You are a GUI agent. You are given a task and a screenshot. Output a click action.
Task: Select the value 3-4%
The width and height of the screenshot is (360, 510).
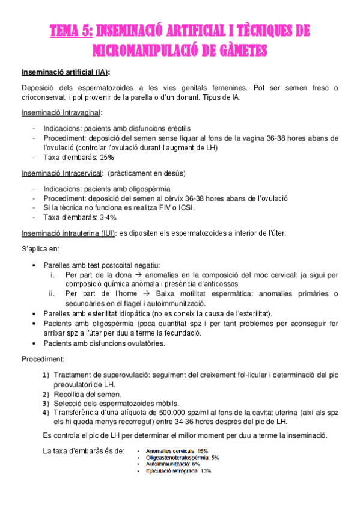click(x=108, y=217)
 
